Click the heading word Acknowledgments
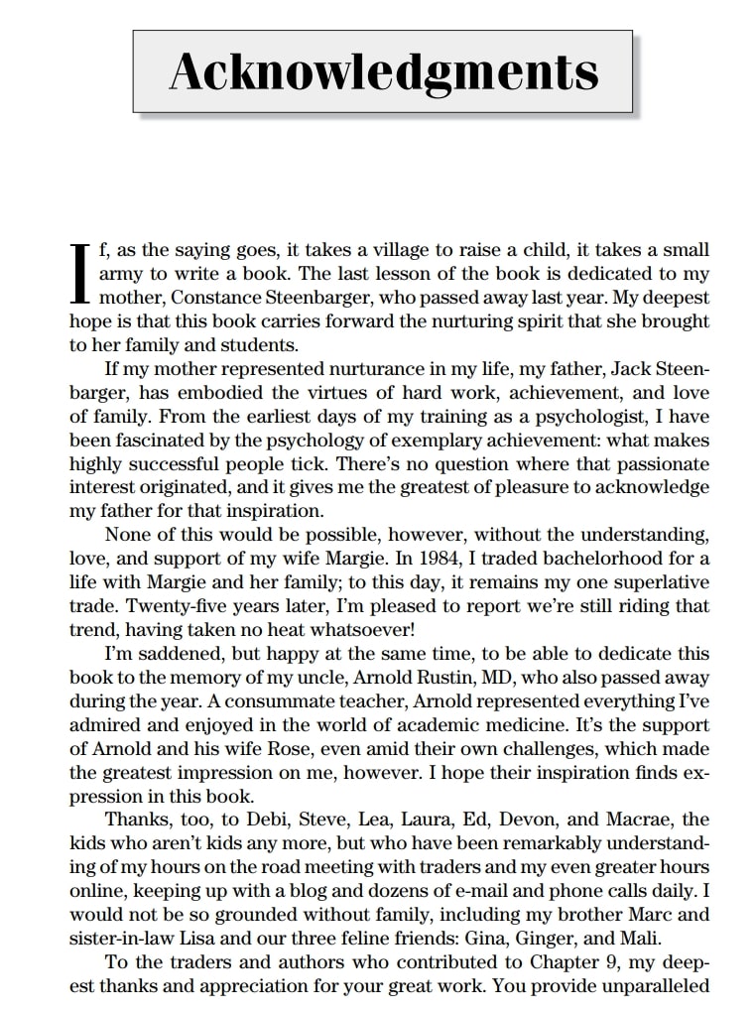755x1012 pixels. point(383,70)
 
